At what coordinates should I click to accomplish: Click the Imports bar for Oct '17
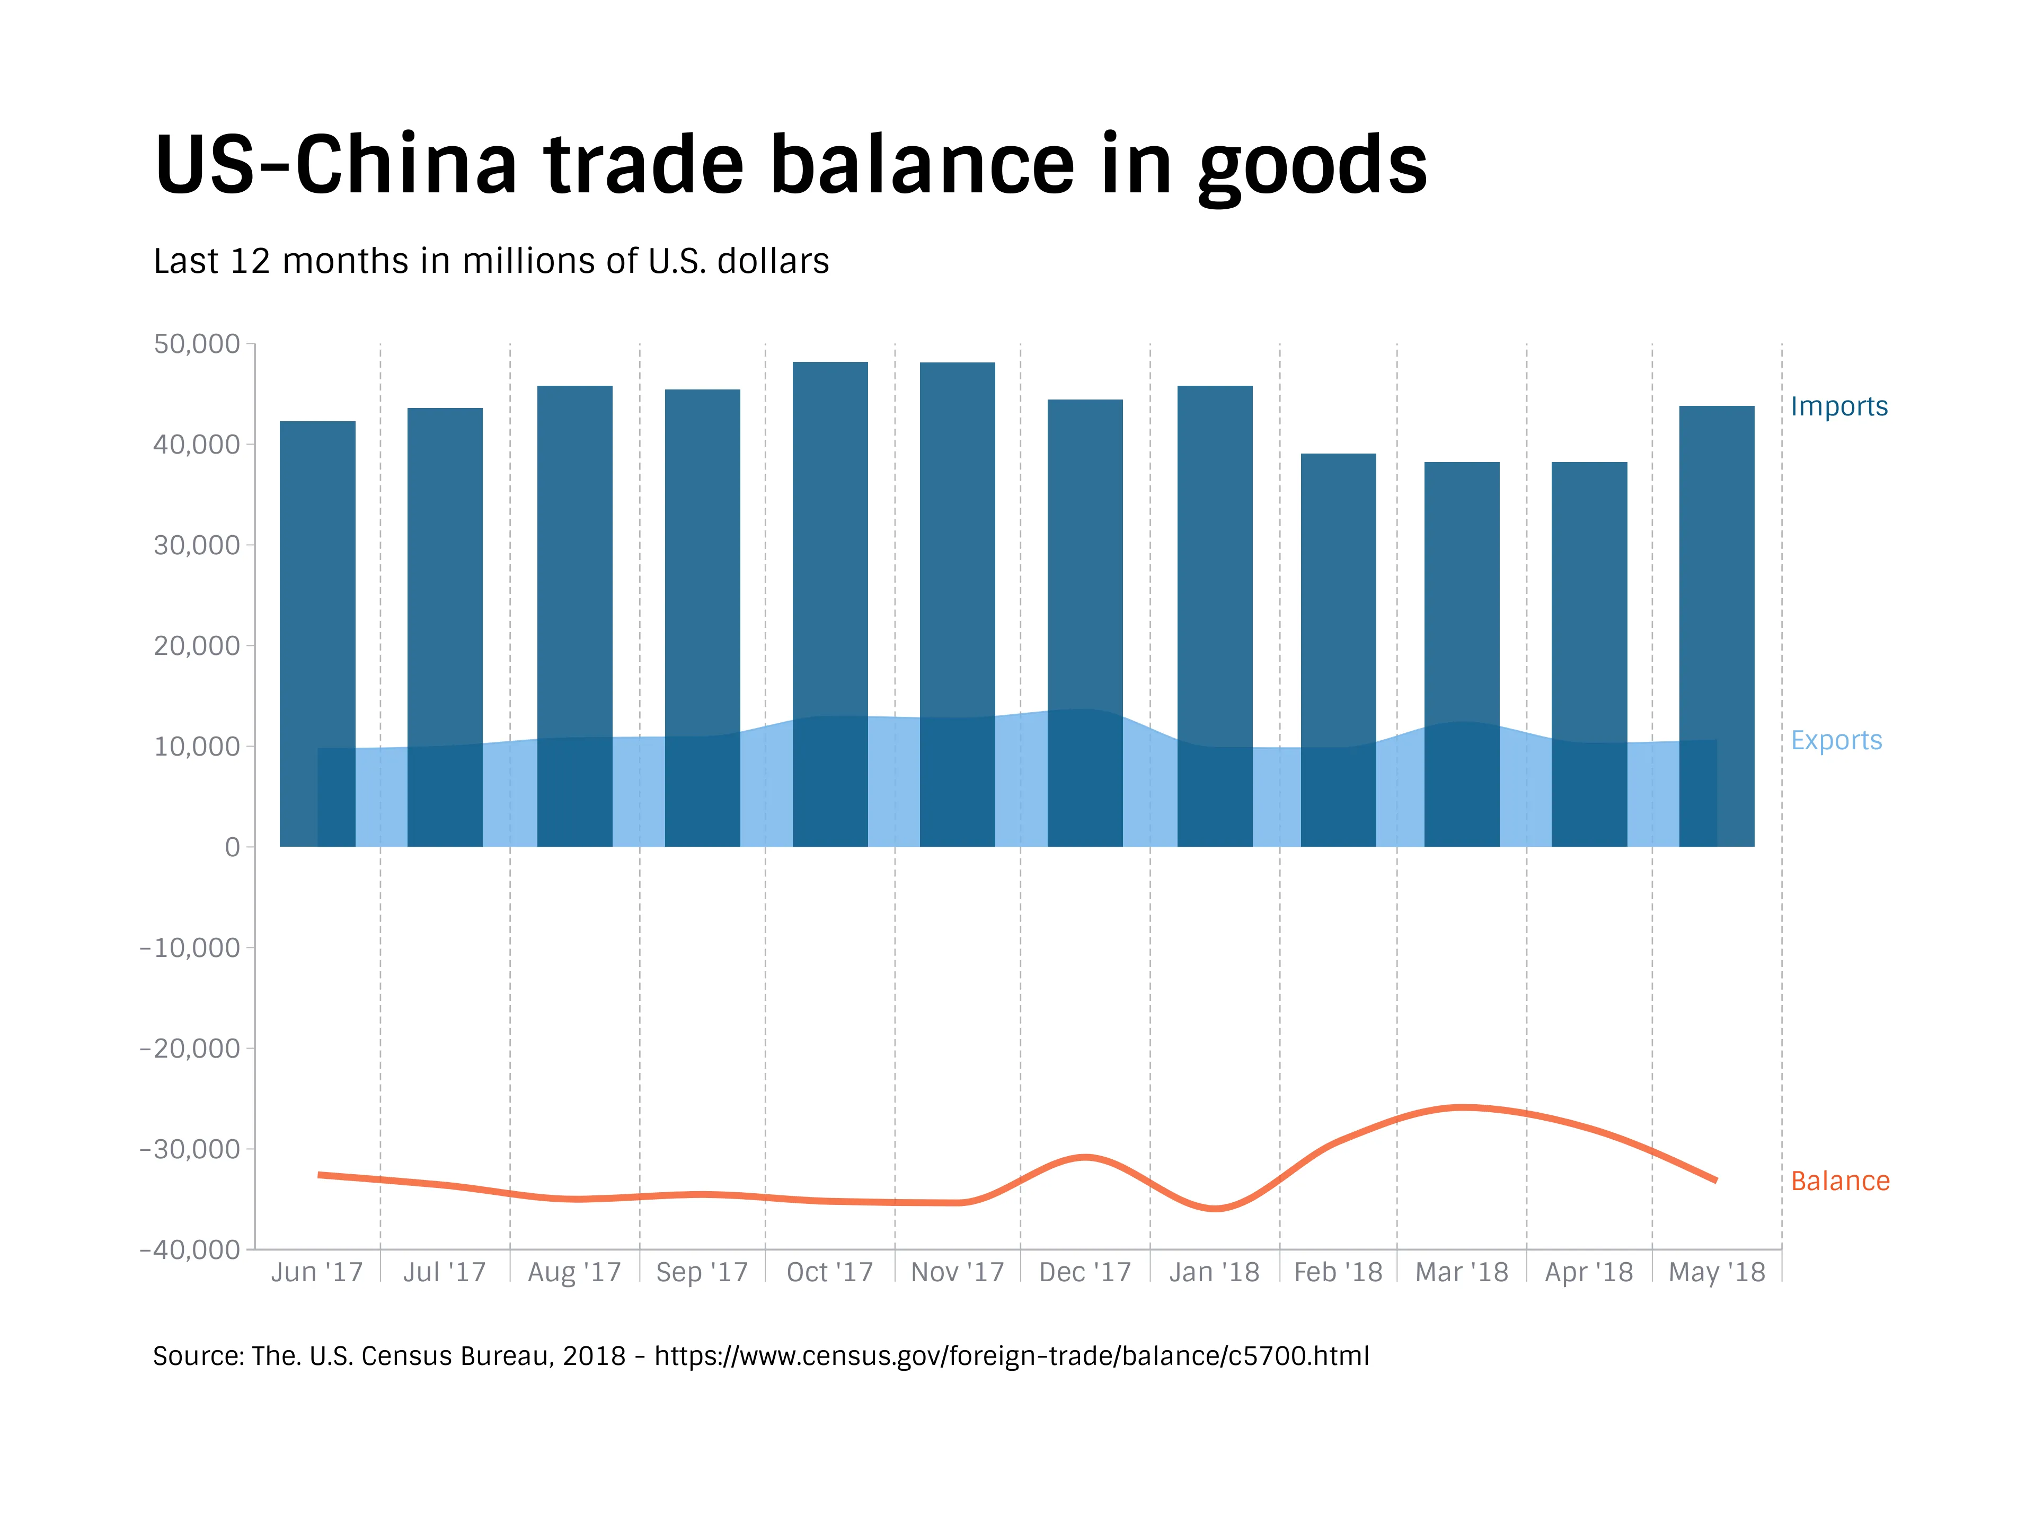tap(830, 552)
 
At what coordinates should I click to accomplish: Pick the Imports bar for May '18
tap(1717, 570)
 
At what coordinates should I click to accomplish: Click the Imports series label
tap(1838, 406)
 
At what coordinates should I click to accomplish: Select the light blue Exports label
tap(1836, 740)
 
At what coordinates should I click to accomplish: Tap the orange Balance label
tap(1840, 1181)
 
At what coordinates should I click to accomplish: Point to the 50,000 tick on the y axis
tap(197, 344)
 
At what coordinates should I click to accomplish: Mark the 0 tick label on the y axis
tap(232, 847)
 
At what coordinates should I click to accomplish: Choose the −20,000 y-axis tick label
tap(190, 1049)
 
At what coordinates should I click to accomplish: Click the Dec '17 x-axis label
tap(1085, 1272)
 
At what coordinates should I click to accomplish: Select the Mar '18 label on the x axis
tap(1461, 1272)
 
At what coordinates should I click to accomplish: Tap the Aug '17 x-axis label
tap(574, 1272)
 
